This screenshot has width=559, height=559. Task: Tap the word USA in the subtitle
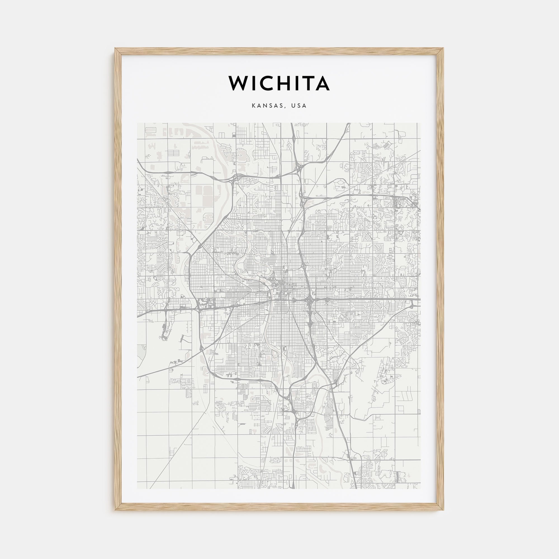point(299,106)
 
